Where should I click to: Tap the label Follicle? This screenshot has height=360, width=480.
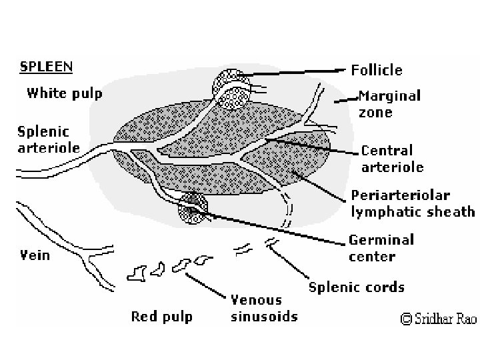pos(377,69)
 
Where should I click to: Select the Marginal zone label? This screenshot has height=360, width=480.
pos(390,103)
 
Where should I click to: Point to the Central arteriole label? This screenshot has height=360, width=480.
pos(392,159)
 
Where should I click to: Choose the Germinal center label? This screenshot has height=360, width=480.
pos(381,247)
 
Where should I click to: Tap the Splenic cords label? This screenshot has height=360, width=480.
pos(357,287)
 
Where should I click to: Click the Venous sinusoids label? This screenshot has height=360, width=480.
pos(257,307)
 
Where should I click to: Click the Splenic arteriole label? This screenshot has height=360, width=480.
pos(39,139)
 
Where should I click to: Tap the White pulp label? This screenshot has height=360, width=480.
pos(64,93)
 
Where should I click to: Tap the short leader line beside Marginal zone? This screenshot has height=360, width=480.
pos(344,99)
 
